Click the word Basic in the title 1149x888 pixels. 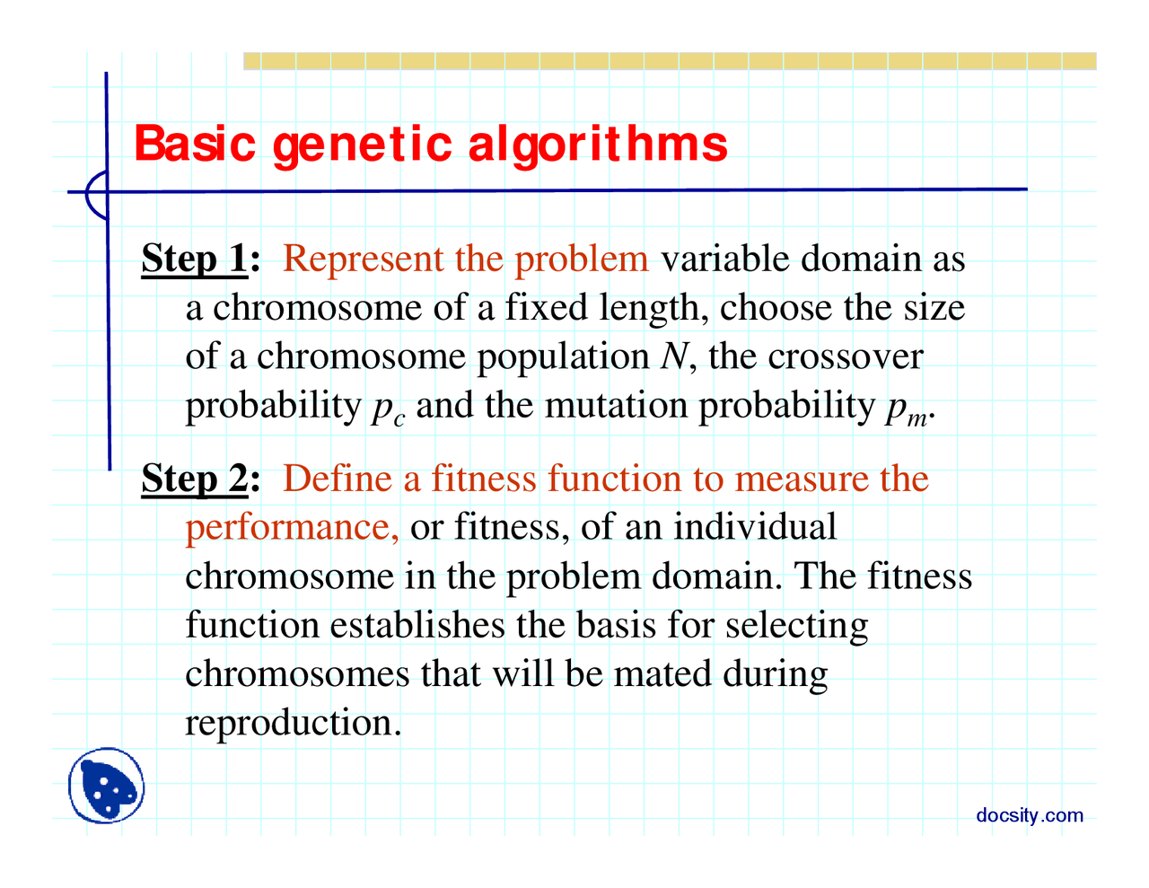click(196, 144)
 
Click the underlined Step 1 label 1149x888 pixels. click(194, 259)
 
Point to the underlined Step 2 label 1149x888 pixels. click(194, 479)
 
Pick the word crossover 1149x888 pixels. click(844, 357)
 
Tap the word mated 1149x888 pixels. click(662, 673)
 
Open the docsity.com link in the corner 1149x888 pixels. click(1030, 815)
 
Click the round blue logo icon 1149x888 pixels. click(107, 786)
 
